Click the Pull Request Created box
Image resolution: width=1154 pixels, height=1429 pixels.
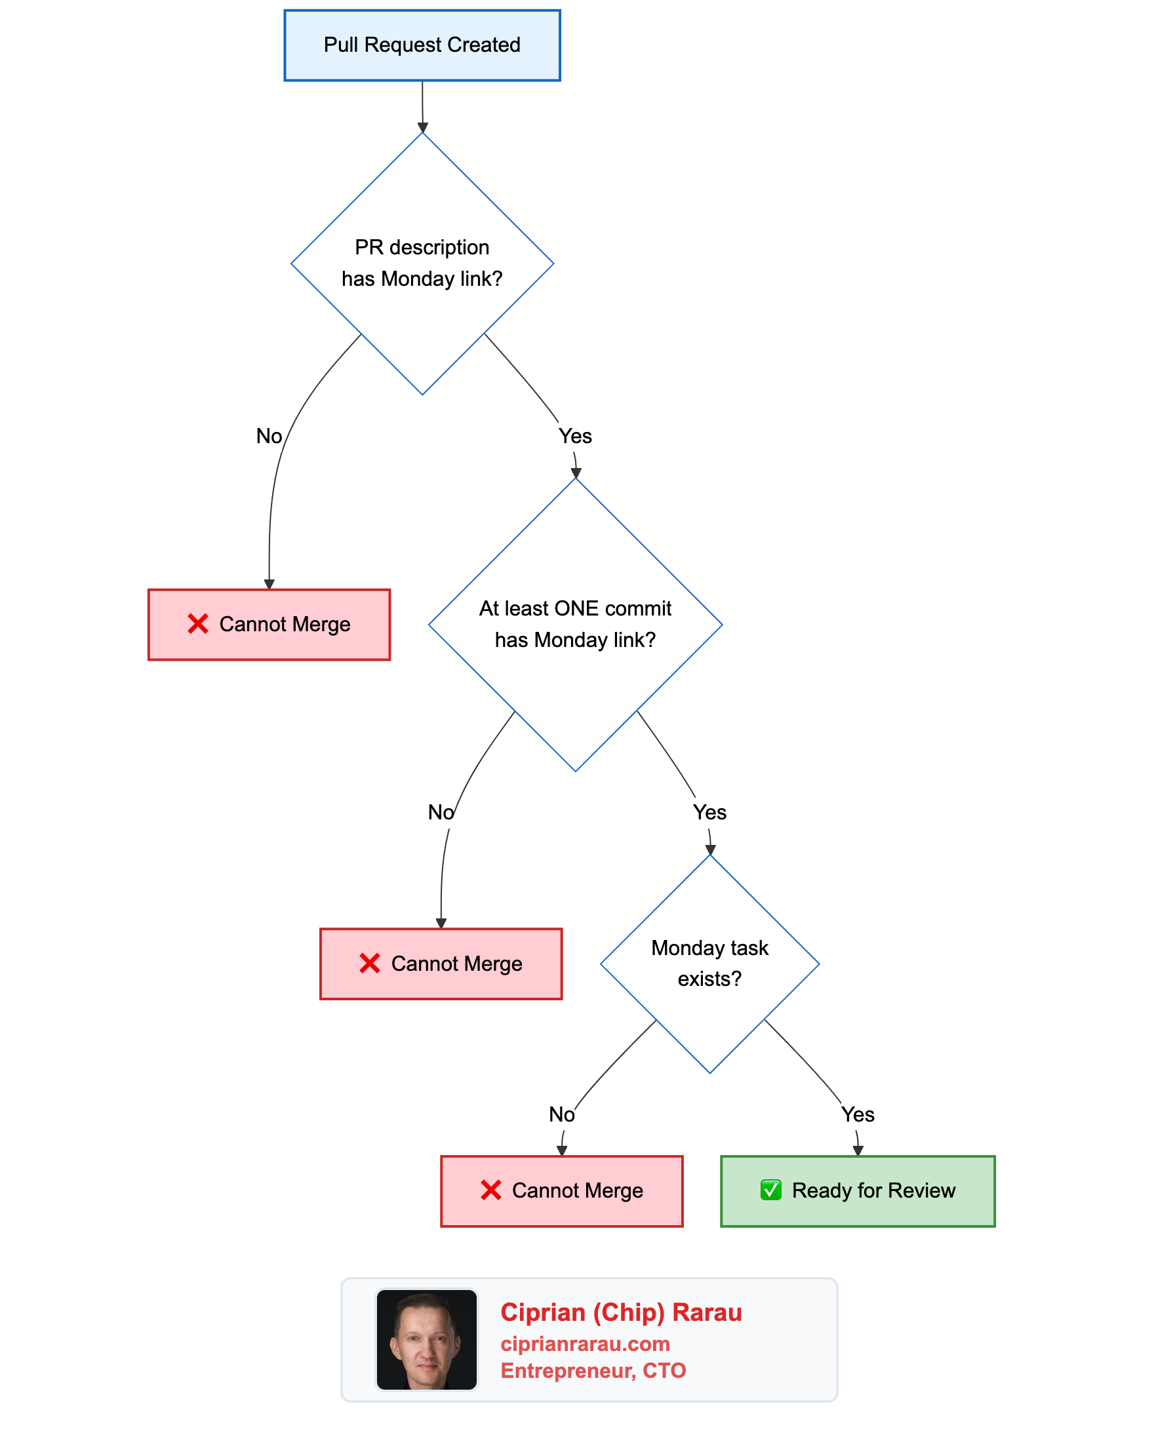click(422, 45)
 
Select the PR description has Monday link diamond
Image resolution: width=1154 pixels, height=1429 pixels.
click(422, 264)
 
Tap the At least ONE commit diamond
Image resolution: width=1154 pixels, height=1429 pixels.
click(575, 624)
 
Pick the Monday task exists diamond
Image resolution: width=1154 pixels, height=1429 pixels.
click(709, 963)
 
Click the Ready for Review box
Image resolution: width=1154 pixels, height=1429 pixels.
click(858, 1190)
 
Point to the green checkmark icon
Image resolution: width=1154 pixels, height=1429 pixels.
click(770, 1190)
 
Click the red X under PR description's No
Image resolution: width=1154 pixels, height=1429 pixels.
click(197, 623)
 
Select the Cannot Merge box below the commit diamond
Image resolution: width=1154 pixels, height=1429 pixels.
click(441, 963)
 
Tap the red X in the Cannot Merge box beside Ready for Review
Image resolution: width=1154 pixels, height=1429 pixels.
click(490, 1190)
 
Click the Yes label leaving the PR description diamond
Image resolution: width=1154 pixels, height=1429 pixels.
click(575, 436)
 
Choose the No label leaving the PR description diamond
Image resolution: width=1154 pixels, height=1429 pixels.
click(269, 436)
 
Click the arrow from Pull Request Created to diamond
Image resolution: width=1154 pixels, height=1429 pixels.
click(422, 106)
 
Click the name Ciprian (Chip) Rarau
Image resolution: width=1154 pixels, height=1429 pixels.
click(621, 1312)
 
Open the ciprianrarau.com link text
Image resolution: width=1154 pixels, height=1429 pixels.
click(585, 1343)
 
